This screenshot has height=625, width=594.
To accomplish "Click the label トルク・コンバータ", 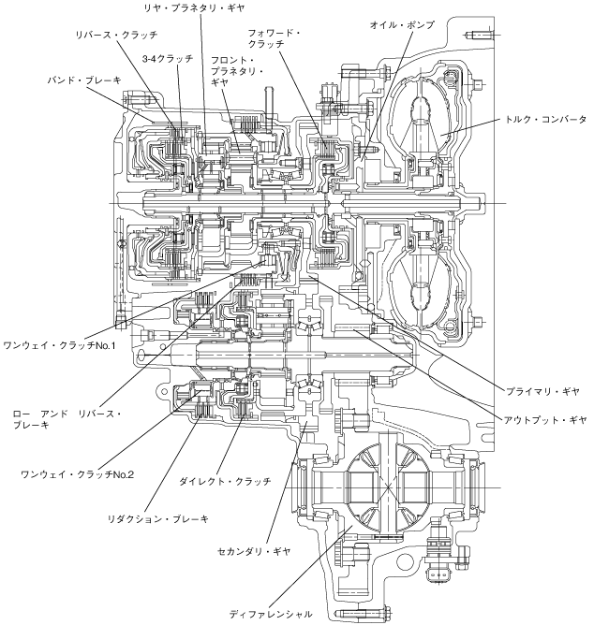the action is [545, 119].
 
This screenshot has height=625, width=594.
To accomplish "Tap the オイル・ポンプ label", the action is [402, 25].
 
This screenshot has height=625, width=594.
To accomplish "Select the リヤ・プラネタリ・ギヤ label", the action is [194, 8].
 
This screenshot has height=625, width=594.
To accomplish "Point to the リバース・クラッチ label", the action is [116, 35].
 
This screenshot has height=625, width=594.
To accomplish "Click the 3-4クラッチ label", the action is [168, 59].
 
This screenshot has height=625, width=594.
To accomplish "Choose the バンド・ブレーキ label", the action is [84, 80].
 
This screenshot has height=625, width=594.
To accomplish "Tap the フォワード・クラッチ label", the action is [274, 38].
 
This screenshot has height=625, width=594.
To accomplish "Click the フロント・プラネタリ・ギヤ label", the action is [236, 71].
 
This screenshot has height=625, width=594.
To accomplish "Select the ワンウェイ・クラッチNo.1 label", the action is [59, 345].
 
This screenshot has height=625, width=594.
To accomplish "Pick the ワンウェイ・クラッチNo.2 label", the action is [77, 474].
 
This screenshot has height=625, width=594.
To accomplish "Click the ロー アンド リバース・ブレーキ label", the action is [67, 419].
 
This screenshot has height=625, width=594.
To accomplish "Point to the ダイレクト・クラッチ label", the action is [225, 481].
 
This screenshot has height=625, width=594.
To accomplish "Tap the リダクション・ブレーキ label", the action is [158, 519].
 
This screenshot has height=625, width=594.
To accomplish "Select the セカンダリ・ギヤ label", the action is [254, 552].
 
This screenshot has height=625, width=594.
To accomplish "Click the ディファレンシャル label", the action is [271, 614].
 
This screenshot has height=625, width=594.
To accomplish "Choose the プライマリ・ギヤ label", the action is [542, 391].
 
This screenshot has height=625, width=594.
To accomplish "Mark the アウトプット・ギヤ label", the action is [545, 420].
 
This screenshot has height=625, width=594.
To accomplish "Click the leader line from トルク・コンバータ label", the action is [470, 126].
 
